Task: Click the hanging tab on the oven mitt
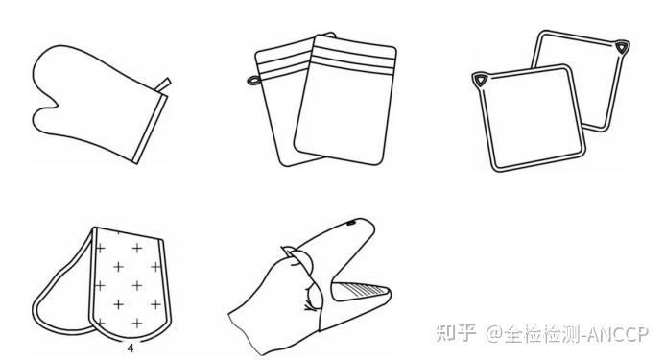164,84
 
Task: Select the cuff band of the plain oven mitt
150,129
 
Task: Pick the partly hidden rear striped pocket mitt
280,102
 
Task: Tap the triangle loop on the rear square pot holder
621,46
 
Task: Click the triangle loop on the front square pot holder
480,80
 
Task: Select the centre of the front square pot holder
531,118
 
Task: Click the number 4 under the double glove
131,348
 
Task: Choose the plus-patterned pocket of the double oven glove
129,283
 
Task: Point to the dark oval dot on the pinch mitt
351,223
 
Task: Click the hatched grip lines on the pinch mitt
365,291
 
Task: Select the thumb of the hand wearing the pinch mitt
300,259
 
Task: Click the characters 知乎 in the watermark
456,333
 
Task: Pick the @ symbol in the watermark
494,334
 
